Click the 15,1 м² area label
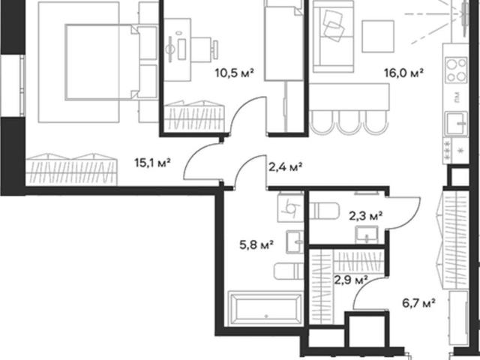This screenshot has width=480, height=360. point(152,163)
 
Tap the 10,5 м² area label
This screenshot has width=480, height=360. point(235,73)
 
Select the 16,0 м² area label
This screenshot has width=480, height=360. point(403,73)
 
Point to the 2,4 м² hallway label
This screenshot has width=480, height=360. point(285,167)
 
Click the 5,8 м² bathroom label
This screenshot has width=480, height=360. point(256,245)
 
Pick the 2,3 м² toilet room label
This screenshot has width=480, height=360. point(366,217)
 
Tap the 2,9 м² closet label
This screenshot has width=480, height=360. point(351,280)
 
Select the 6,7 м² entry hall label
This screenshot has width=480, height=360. point(418,303)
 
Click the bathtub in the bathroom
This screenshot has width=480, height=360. point(265,308)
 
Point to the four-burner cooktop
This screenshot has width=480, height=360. point(456,70)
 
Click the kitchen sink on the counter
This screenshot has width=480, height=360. point(457,123)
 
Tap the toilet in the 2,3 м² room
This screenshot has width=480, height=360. point(324,211)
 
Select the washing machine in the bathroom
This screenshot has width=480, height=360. point(290,208)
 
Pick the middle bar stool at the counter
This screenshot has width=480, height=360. point(350,122)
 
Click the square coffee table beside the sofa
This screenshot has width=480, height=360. point(378,37)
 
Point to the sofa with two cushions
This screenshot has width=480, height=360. point(333,37)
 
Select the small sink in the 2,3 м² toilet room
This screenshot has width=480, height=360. point(367,235)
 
